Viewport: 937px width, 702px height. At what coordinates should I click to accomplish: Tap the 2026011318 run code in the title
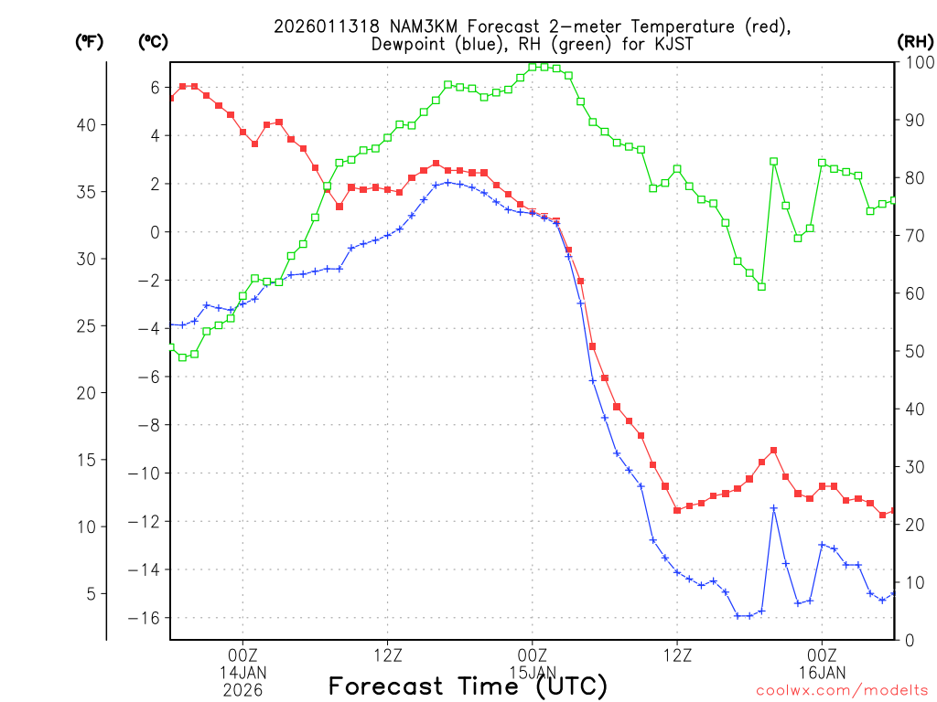click(x=319, y=27)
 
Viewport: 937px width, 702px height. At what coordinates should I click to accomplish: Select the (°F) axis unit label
click(x=89, y=41)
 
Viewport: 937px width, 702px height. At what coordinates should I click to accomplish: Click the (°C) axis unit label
click(x=153, y=41)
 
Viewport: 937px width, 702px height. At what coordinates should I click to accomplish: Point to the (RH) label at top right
click(x=915, y=41)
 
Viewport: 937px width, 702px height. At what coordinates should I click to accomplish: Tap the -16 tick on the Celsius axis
click(x=148, y=618)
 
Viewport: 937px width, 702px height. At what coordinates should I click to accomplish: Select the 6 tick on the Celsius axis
click(x=155, y=87)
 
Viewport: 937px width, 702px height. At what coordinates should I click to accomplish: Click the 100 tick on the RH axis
click(x=916, y=62)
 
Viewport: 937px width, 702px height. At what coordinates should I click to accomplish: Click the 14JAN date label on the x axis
click(x=242, y=673)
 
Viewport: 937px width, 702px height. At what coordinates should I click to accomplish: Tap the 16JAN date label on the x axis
click(x=822, y=673)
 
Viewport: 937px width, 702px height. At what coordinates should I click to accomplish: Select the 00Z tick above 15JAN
click(x=533, y=654)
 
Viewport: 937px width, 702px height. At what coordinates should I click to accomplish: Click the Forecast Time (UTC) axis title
click(x=468, y=686)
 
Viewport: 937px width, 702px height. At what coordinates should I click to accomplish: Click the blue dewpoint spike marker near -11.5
click(x=773, y=508)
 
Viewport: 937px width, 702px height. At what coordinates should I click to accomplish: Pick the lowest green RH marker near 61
click(x=761, y=286)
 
